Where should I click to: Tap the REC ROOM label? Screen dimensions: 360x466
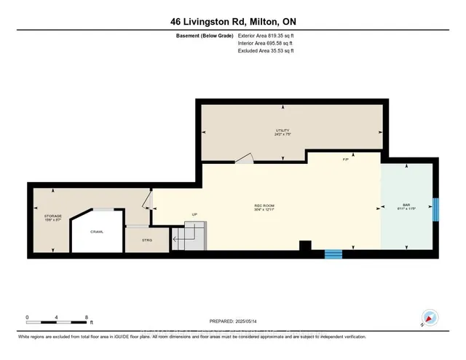click(263, 207)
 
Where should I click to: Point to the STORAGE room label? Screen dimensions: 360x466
click(52, 216)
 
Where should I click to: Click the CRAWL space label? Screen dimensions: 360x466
click(97, 232)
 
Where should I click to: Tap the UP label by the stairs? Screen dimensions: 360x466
click(194, 214)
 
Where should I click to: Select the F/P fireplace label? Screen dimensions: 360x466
click(344, 160)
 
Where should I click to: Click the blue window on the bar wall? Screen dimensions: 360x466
click(435, 209)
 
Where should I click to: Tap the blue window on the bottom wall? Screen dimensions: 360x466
click(333, 254)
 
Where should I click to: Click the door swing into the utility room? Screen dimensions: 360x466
click(244, 158)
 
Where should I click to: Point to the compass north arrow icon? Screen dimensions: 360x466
click(428, 318)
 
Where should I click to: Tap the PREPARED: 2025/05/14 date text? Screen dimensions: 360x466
click(233, 321)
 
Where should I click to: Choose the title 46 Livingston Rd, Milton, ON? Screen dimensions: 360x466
click(233, 20)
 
